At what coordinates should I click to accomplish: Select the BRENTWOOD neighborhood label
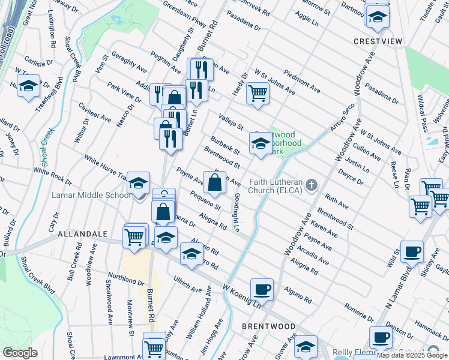click(x=268, y=326)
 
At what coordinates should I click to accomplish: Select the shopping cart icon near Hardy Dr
click(x=258, y=93)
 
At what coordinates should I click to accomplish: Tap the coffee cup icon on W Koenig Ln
click(x=262, y=290)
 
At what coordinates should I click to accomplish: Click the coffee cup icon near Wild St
click(x=412, y=251)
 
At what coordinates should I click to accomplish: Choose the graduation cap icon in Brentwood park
click(x=261, y=143)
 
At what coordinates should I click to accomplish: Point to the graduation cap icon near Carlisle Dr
click(x=28, y=86)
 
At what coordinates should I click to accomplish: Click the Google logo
click(x=20, y=353)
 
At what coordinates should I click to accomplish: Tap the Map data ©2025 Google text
click(x=412, y=356)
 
